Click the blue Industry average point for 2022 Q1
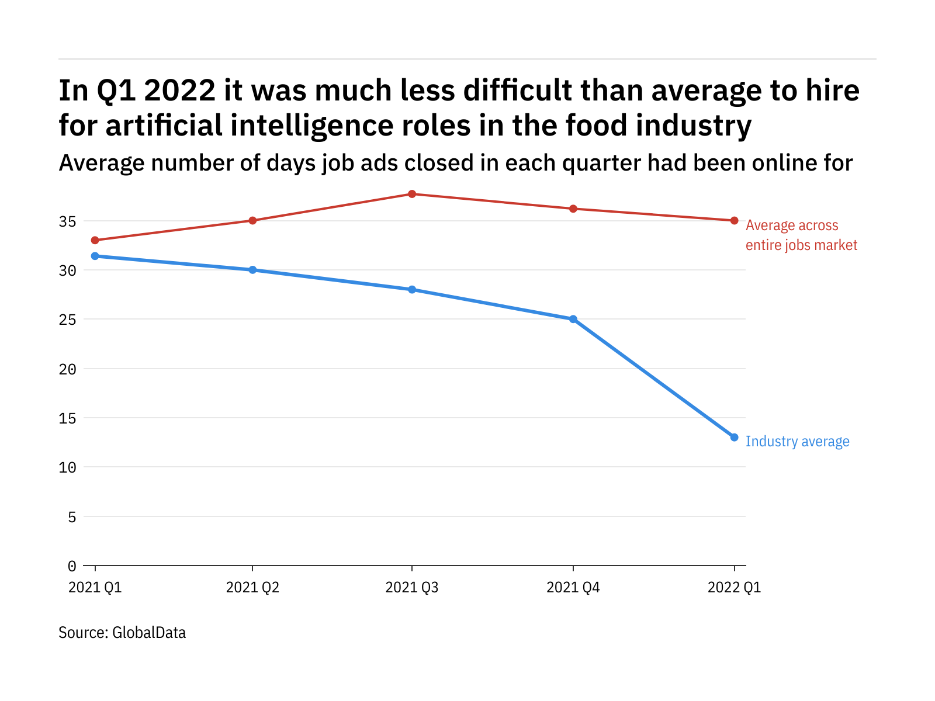pos(734,438)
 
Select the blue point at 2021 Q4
pos(573,320)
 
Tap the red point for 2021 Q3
pos(412,194)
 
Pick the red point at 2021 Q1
pos(95,240)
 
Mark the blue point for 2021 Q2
pos(252,270)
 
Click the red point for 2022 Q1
pos(734,220)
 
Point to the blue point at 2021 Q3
pos(412,290)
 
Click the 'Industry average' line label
pos(797,442)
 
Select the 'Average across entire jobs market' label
pos(801,235)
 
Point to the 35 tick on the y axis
pos(67,221)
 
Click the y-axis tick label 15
pos(67,418)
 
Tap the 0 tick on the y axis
pos(72,566)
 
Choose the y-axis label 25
pos(67,320)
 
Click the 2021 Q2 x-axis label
pos(252,588)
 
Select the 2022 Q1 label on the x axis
pos(734,588)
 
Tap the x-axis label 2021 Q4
pos(573,588)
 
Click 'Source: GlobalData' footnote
pos(122,633)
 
